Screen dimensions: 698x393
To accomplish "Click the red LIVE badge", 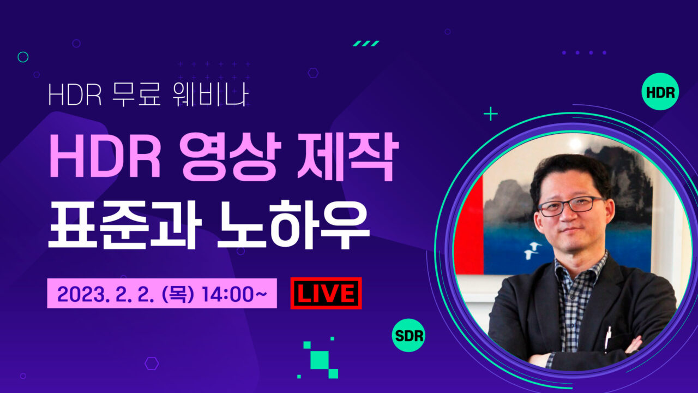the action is [326, 293].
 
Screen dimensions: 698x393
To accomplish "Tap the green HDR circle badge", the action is [660, 92].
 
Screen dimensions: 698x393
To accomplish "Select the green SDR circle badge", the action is [408, 335].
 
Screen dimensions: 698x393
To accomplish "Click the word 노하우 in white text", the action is [293, 224].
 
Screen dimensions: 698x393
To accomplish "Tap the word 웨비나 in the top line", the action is [210, 94].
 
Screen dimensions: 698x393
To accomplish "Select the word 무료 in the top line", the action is [136, 94].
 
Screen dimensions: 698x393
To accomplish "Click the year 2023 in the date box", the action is [83, 294].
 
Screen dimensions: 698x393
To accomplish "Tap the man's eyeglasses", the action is [571, 206].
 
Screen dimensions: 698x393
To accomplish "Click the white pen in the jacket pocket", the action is [607, 338].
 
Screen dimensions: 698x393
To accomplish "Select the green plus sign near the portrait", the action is [491, 114].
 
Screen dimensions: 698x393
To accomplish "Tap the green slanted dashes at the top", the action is [366, 43].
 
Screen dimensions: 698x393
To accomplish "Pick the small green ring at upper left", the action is [23, 57].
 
